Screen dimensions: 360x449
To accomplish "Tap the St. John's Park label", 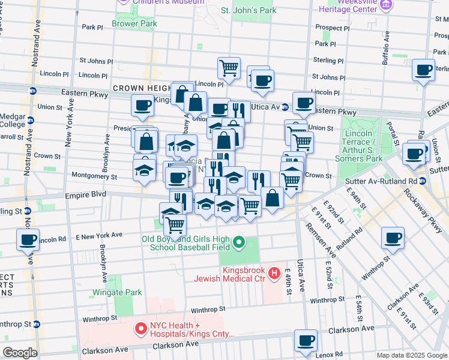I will click(249, 10).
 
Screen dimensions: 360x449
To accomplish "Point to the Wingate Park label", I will click(117, 292).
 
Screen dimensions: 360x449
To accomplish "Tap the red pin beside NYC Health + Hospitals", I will click(142, 329).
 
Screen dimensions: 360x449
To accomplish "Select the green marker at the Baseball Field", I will click(240, 243).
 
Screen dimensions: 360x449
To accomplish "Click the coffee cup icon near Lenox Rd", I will click(306, 340).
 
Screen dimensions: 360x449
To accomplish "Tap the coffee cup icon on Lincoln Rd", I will click(28, 239).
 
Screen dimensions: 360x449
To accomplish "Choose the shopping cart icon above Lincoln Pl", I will click(229, 68).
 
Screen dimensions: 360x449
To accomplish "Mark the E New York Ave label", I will click(103, 235).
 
